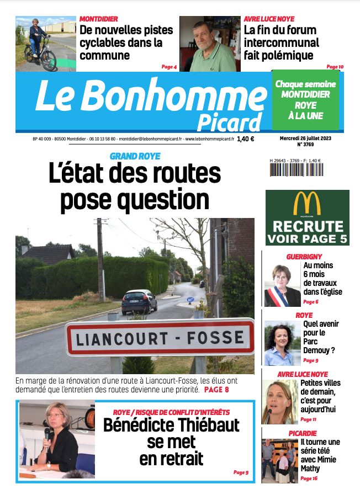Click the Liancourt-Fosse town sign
[x=160, y=337]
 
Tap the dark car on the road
[x=139, y=301]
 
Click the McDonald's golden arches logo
[x=307, y=204]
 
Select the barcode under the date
[x=296, y=169]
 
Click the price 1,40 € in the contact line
[x=245, y=140]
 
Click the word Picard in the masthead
[x=229, y=121]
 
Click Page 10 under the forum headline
[x=335, y=67]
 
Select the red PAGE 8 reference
[x=216, y=390]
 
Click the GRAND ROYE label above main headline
[x=135, y=156]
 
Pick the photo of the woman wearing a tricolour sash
[x=282, y=285]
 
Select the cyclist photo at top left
[x=45, y=44]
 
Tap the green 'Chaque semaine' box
[x=305, y=100]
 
